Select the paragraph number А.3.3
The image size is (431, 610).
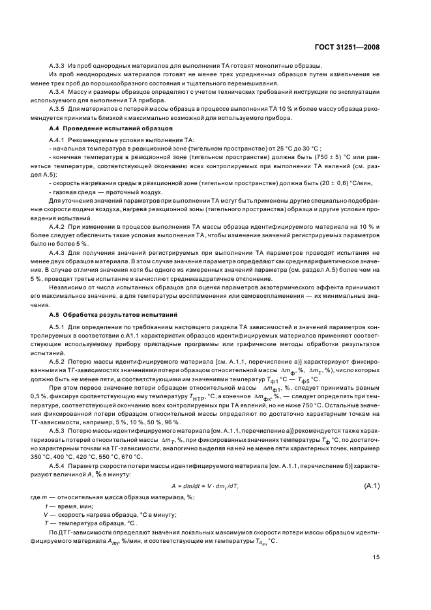pyautogui.click(x=59, y=66)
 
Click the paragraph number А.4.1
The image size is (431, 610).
pyautogui.click(x=59, y=141)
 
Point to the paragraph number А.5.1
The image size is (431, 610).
pyautogui.click(x=59, y=327)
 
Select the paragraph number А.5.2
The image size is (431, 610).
pyautogui.click(x=59, y=360)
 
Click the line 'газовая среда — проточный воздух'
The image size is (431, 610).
pyautogui.click(x=106, y=192)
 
